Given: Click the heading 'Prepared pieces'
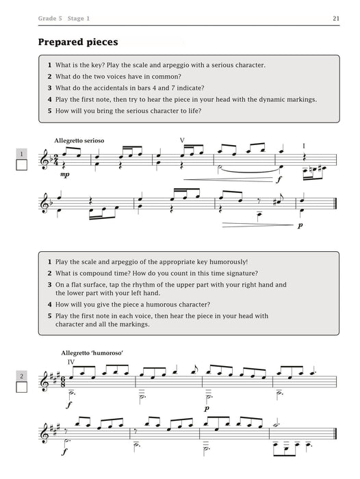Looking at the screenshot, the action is (78, 42).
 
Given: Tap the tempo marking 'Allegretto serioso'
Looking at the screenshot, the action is (79, 140).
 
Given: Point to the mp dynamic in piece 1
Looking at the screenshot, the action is (64, 174).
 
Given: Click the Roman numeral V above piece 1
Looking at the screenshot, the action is (182, 140).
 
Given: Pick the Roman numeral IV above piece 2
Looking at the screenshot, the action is (70, 361).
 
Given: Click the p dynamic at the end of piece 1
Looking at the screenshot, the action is (302, 224).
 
